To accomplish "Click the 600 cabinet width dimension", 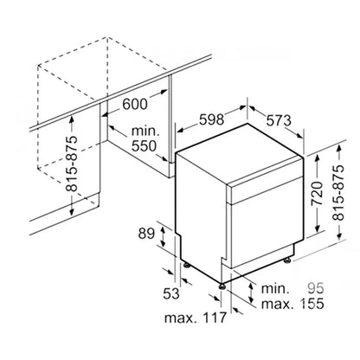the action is point(135,104).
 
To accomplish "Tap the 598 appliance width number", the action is point(211,119).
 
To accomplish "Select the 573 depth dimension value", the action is point(279,120).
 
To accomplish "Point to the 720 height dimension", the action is point(317,193).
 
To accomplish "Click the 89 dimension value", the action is point(146,234).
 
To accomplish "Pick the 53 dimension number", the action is point(171,293).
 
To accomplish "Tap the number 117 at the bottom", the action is point(214,318).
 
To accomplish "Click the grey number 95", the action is point(316,288).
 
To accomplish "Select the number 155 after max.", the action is point(312,304).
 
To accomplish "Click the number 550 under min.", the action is point(144,146).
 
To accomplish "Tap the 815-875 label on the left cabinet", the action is point(72,164).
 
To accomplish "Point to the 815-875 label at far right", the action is point(338,193).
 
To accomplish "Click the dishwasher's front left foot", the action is point(222,286).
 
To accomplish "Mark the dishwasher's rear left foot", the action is point(186,265).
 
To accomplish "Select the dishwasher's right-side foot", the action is point(287,260).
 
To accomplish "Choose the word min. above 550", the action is point(145,132).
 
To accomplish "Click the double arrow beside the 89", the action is point(163,237).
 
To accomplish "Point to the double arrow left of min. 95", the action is point(251,293).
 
